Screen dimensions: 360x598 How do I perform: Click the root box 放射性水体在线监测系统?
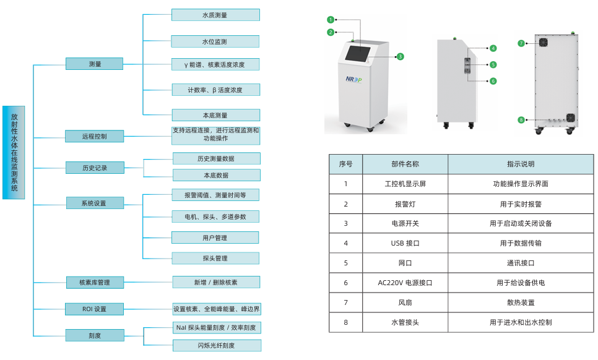coord(14,152)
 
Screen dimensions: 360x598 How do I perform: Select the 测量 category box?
coord(95,64)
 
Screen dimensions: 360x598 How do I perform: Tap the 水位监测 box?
coord(215,42)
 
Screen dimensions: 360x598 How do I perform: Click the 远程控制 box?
coord(95,136)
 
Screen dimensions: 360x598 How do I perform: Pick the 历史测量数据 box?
coord(215,158)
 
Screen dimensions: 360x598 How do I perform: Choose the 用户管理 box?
coord(215,238)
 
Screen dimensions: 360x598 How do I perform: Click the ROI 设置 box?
coord(95,309)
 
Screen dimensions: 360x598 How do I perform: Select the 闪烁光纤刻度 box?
coord(216,345)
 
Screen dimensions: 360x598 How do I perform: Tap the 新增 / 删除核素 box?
coord(215,282)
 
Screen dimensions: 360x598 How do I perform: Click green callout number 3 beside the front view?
coord(401,56)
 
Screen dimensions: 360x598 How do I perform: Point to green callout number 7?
coord(521,43)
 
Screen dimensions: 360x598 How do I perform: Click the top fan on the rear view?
coord(544,43)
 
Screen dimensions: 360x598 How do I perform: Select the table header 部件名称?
coord(405,164)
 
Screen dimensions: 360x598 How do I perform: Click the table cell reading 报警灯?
coord(405,204)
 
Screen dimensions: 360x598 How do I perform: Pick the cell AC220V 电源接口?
coord(405,283)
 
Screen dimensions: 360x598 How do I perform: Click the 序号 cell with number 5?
coord(345,263)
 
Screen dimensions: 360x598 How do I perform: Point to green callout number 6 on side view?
coord(493,81)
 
